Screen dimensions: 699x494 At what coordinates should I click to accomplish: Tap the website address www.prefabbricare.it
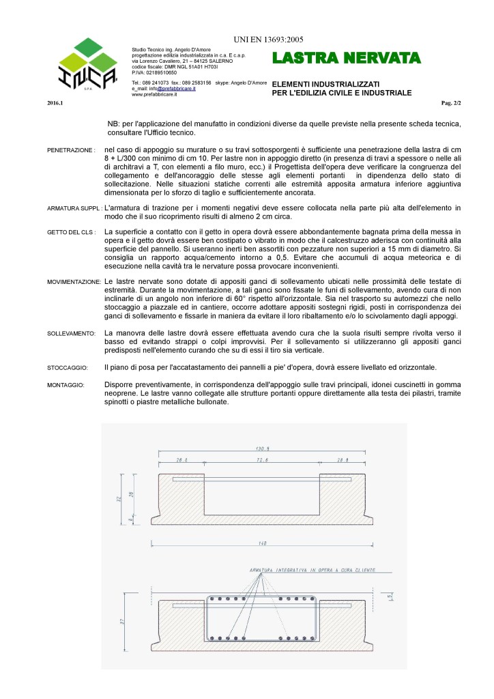[154, 95]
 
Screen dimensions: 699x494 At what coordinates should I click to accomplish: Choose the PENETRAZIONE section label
[70, 149]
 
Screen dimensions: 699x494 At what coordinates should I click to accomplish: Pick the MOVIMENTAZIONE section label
[74, 282]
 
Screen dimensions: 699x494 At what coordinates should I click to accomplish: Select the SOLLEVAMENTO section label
[71, 333]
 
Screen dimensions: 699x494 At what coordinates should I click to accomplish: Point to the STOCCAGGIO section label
[68, 367]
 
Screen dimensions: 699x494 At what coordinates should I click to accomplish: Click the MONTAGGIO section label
[66, 386]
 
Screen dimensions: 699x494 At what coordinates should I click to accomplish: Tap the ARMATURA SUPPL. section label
[75, 208]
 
